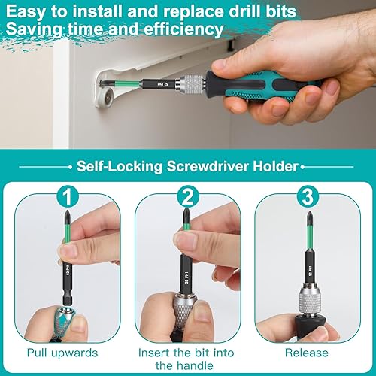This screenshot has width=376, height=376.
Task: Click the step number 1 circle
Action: (68, 197)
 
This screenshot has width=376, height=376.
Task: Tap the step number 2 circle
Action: (187, 197)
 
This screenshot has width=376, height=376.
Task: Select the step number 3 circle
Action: (308, 197)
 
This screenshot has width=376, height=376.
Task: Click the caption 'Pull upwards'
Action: (62, 353)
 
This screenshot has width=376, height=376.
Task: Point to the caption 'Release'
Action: (307, 353)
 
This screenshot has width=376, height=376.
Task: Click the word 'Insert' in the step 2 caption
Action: (153, 353)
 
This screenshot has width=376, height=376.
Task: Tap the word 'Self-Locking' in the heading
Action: (120, 166)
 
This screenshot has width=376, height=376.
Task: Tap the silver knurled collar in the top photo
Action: (191, 84)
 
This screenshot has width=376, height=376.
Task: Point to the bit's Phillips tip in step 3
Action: (310, 216)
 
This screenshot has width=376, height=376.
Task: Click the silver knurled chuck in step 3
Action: (311, 299)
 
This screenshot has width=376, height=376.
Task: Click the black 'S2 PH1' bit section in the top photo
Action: (159, 84)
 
